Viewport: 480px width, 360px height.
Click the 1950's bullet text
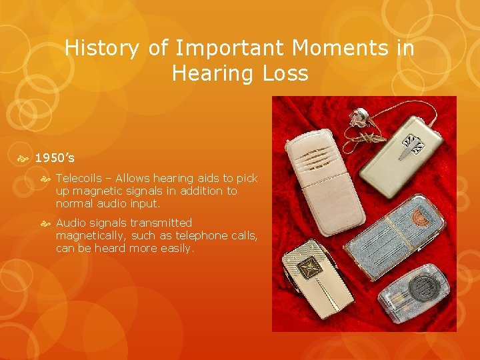pyautogui.click(x=55, y=159)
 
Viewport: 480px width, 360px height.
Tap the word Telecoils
pyautogui.click(x=79, y=178)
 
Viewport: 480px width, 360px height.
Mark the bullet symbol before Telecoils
pyautogui.click(x=48, y=178)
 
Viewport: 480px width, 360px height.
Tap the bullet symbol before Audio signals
pyautogui.click(x=48, y=223)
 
